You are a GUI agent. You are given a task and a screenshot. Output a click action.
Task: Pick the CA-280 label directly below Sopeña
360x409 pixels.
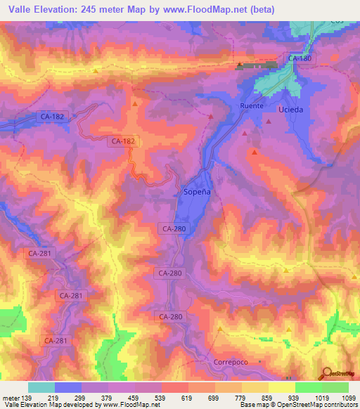tap(173, 228)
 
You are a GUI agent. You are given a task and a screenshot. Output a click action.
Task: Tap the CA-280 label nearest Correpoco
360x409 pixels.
tap(170, 317)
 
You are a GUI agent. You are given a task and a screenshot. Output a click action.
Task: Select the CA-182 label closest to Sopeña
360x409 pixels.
tap(122, 141)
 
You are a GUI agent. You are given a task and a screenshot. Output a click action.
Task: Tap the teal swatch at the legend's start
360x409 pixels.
tap(41, 387)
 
